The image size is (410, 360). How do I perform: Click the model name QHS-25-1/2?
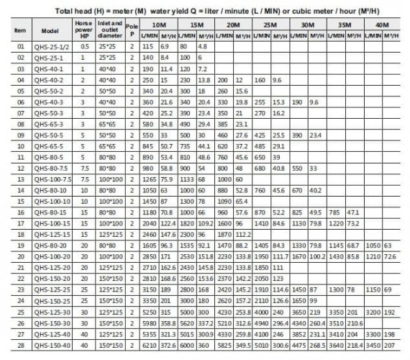tap(55, 45)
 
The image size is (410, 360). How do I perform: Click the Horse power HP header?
tap(85, 29)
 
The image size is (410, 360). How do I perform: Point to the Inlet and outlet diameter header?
tap(111, 29)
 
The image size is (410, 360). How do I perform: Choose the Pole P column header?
tap(132, 29)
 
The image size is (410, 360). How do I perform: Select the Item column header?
tap(20, 30)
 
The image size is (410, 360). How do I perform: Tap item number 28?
tap(20, 346)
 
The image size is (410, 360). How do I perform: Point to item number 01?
tap(20, 45)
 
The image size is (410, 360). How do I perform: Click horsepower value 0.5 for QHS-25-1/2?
tap(85, 45)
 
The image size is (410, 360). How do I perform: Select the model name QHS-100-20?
tap(55, 257)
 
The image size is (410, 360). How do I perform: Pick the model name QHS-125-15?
tap(55, 235)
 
